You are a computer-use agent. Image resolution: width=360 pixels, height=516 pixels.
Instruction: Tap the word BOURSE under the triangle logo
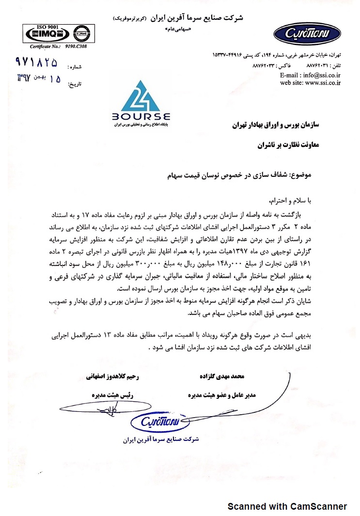click(x=141, y=117)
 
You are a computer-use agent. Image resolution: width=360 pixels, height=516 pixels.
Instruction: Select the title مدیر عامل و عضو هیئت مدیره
click(x=221, y=395)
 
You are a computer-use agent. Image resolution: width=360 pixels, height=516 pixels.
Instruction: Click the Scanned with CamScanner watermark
click(x=287, y=506)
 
